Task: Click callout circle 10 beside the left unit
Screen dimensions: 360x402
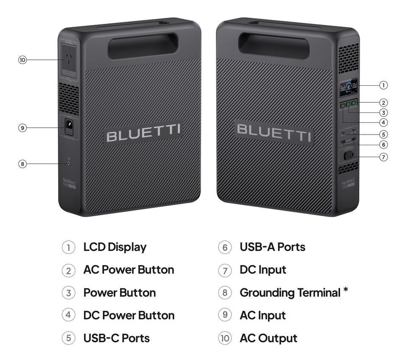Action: (22, 60)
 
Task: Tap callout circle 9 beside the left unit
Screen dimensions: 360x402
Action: (22, 127)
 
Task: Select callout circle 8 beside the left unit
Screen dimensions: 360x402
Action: (22, 163)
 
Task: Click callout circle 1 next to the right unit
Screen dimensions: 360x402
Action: (383, 85)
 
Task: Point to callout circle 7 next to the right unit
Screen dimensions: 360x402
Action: (383, 157)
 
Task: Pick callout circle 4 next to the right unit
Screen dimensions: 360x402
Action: (383, 123)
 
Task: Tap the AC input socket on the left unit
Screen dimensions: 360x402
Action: (68, 126)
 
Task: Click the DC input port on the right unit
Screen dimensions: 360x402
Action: (349, 156)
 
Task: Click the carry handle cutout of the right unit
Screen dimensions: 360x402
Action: (274, 46)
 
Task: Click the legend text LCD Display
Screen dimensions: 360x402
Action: (115, 247)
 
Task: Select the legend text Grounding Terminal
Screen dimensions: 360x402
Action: (290, 292)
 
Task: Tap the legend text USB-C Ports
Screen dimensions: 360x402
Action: (116, 338)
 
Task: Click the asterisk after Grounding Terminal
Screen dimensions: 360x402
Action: (346, 290)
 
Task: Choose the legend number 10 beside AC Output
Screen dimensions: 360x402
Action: (225, 338)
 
